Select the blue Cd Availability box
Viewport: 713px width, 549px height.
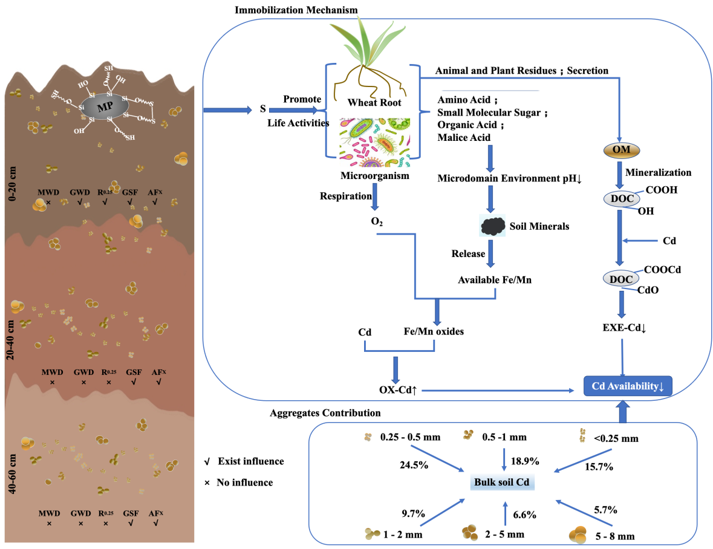(x=628, y=386)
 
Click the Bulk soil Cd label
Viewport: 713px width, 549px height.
(x=504, y=482)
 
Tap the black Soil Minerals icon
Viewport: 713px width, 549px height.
(x=492, y=226)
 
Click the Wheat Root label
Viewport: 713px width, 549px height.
(x=374, y=102)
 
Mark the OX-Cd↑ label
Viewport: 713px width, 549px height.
(x=397, y=391)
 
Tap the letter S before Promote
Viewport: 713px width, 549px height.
(x=263, y=109)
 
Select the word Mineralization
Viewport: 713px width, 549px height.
(x=658, y=172)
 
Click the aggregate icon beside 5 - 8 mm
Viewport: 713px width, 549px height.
(x=578, y=534)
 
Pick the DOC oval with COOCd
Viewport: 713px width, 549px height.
(x=621, y=279)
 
